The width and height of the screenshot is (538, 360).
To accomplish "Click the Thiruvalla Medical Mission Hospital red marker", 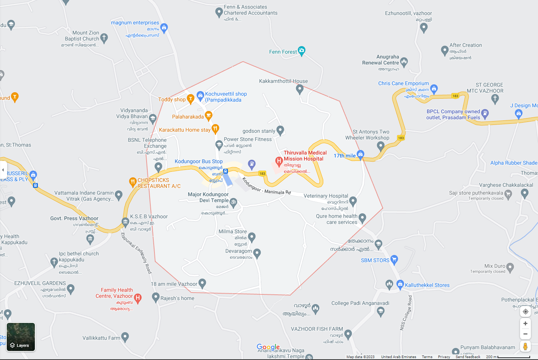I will pyautogui.click(x=279, y=162).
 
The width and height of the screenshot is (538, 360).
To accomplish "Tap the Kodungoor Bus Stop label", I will pyautogui.click(x=198, y=162).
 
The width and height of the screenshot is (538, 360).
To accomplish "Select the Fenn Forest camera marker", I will pyautogui.click(x=302, y=51).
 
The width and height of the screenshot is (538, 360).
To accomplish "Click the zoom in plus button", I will pyautogui.click(x=525, y=324).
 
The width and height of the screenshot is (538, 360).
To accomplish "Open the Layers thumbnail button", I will pyautogui.click(x=21, y=337).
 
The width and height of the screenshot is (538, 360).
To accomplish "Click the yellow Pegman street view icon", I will pyautogui.click(x=525, y=346).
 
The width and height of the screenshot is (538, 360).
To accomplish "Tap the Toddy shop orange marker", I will pyautogui.click(x=190, y=99).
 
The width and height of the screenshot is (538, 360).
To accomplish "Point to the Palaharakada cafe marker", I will pyautogui.click(x=209, y=115).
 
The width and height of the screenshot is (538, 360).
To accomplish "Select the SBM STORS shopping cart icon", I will pyautogui.click(x=394, y=259).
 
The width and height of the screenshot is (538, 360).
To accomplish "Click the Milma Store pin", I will pyautogui.click(x=252, y=237).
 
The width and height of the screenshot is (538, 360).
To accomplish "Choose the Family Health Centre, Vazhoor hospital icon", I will pyautogui.click(x=138, y=298).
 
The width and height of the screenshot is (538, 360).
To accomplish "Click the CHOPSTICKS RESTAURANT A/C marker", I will pyautogui.click(x=132, y=182).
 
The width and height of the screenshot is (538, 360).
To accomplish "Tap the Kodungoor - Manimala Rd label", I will pyautogui.click(x=267, y=187).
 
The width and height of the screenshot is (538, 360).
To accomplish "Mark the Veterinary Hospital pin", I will pyautogui.click(x=353, y=201).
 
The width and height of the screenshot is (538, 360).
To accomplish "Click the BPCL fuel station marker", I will pyautogui.click(x=485, y=113).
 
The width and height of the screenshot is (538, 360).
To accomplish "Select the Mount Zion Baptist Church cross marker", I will pyautogui.click(x=104, y=37).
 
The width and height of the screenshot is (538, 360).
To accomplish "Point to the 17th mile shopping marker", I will pyautogui.click(x=360, y=154).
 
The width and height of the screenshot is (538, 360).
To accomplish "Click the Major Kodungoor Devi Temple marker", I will pyautogui.click(x=233, y=202).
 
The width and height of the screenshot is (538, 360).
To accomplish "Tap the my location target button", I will pyautogui.click(x=525, y=312).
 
